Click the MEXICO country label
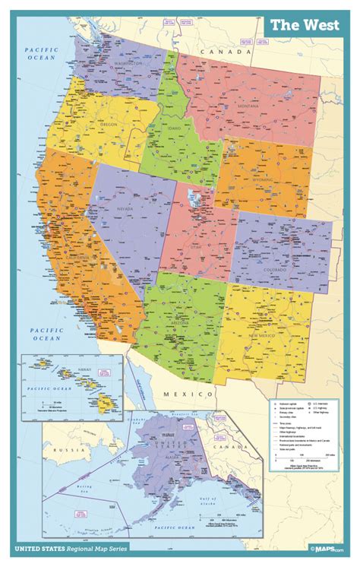(x=189, y=394)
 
